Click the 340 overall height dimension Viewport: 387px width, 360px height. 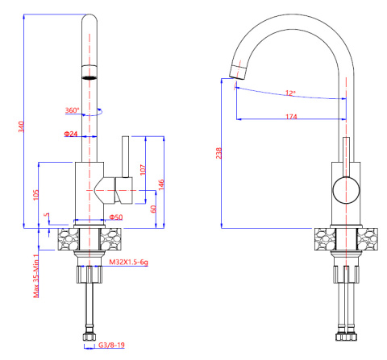click(21, 126)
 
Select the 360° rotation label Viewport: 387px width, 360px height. click(73, 110)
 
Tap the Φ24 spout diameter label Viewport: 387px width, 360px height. click(71, 134)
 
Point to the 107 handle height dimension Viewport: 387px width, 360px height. click(143, 170)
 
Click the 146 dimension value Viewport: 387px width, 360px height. click(160, 185)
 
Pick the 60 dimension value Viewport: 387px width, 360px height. click(153, 209)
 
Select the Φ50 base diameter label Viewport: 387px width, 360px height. click(116, 217)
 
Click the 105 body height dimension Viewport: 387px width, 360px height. click(35, 195)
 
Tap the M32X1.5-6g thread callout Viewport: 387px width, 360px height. click(128, 262)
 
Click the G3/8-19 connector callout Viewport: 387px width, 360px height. click(111, 345)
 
